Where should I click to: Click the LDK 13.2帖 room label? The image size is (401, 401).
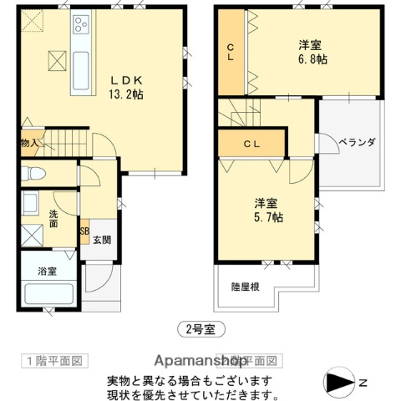point(128,87)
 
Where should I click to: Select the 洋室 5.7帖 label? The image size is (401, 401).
point(269,210)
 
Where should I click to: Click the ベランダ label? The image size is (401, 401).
point(356,143)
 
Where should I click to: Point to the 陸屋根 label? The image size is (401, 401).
point(244,286)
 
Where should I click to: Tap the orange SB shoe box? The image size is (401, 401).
point(84,232)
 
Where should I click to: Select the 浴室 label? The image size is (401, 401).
point(47,272)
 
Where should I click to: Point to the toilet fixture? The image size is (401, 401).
point(35,175)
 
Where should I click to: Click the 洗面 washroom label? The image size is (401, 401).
point(52,218)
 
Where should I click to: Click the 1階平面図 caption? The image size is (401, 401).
point(53,361)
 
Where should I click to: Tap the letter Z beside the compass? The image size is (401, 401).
point(363,383)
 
